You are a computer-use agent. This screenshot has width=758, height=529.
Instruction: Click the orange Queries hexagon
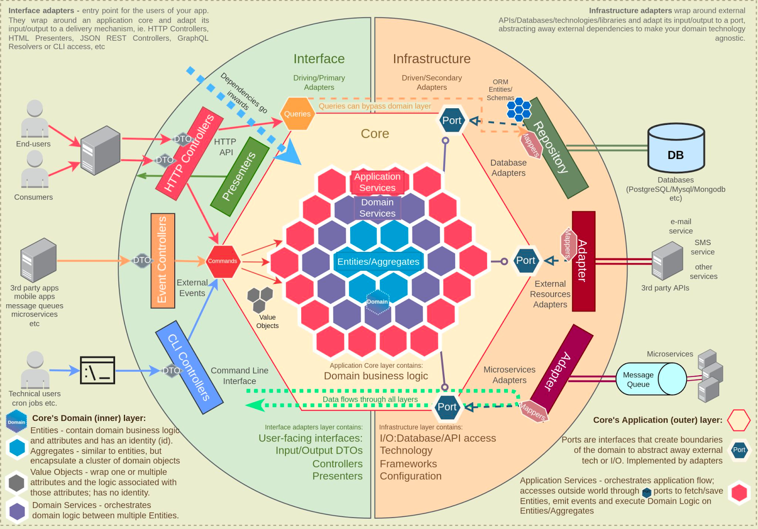point(298,114)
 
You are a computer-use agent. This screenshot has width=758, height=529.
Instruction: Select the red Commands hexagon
point(222,261)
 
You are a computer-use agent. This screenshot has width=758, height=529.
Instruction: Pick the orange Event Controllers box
point(162,261)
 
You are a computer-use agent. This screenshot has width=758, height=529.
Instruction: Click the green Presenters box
point(239,176)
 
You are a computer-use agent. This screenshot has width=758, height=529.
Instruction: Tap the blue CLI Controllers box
point(189,367)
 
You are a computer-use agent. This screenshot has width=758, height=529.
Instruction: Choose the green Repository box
point(555,148)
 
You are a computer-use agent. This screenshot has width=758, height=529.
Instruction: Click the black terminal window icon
point(98,370)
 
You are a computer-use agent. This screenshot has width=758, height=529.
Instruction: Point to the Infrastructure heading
point(432,59)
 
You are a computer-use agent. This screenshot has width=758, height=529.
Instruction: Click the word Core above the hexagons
point(375,134)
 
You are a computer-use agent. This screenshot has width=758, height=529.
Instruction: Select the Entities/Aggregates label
point(378,262)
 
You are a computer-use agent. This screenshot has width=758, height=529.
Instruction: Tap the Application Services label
point(377,182)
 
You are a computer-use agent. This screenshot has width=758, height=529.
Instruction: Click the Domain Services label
point(377,208)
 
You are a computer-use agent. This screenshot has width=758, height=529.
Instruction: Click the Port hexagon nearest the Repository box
point(451,121)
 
